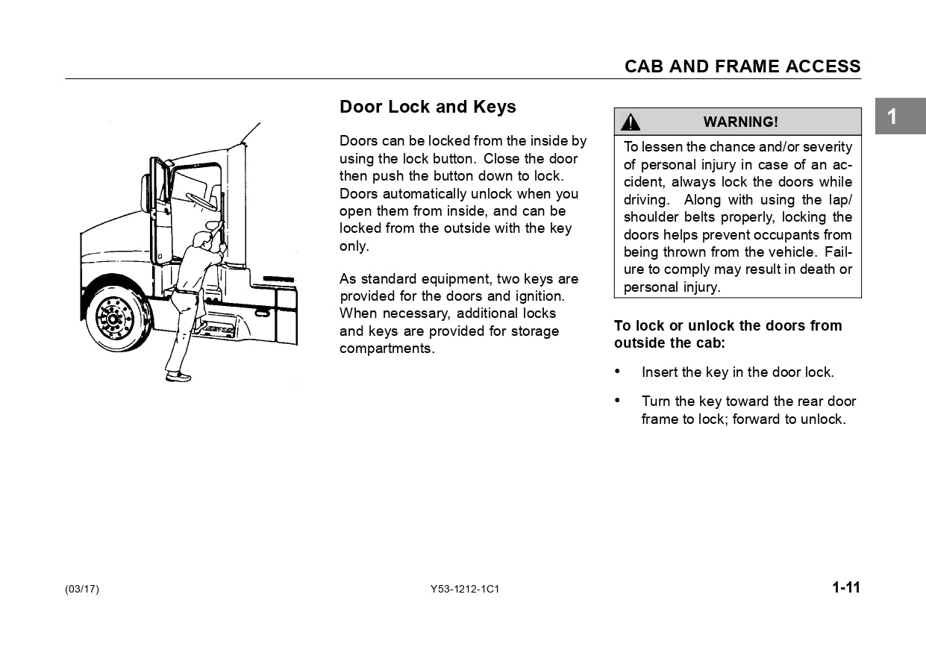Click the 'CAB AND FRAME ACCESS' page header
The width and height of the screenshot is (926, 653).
coord(742,66)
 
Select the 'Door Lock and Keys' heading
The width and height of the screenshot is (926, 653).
coord(428,107)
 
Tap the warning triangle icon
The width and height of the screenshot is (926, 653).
coord(631,122)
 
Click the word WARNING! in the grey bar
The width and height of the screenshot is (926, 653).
coord(740,122)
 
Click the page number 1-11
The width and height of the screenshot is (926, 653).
coord(846,587)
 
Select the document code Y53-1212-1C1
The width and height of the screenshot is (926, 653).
coord(464,589)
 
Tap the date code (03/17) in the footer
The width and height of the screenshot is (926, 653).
coord(82,589)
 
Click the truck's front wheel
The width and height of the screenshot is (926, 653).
coord(113,319)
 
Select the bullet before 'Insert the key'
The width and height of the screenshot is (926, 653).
coord(618,371)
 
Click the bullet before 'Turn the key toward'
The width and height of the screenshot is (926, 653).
coord(618,401)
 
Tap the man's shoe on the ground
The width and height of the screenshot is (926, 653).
coord(178,378)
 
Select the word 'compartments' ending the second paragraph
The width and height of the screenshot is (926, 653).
coord(385,349)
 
